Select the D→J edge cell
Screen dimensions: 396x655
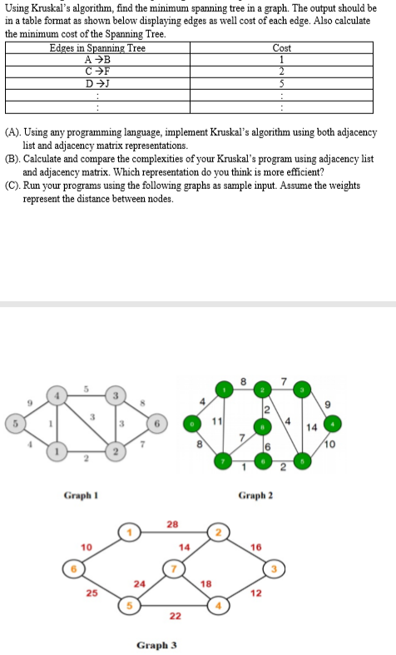coord(97,83)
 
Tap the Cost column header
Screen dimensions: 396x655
coord(281,48)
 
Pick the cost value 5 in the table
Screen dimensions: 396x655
coord(281,83)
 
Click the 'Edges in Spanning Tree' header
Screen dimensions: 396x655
coord(97,48)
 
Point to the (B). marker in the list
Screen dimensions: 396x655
coord(12,158)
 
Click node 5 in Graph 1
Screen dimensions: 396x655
coord(10,422)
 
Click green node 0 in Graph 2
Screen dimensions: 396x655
coord(193,422)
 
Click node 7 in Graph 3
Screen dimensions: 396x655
coord(174,569)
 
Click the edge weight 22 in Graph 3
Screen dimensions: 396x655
coord(175,616)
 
